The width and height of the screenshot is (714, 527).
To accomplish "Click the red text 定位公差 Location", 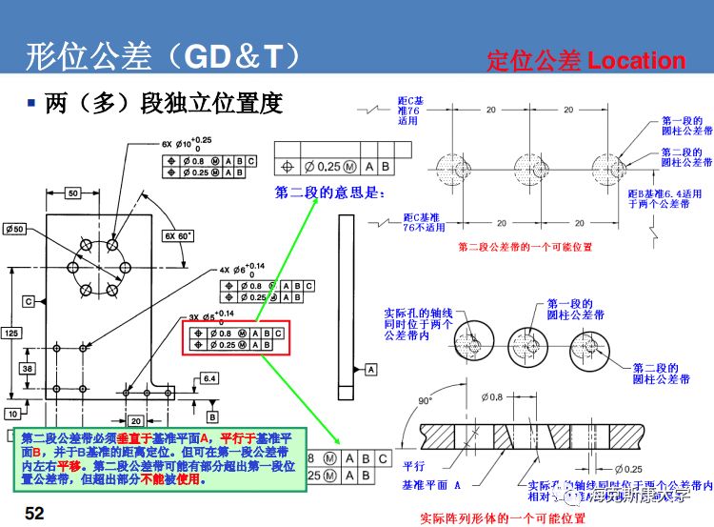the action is (x=585, y=61).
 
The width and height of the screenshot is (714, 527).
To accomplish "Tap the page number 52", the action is (x=34, y=514).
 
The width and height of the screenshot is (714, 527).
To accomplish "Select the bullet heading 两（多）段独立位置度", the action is (x=163, y=103).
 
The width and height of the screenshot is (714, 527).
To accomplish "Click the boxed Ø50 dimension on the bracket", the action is (x=14, y=230).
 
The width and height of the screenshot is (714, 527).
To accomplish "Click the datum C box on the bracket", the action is (x=29, y=301).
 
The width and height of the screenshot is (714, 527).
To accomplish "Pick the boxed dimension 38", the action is (x=29, y=368).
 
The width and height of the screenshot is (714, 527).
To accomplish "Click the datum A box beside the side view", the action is (x=369, y=367).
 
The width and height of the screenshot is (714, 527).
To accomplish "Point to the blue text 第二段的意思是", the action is (x=327, y=193).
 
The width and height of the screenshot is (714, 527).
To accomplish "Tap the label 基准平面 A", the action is (x=434, y=485).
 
